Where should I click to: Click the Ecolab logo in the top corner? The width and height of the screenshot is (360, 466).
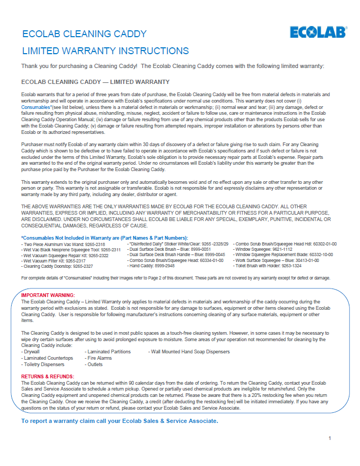pyautogui.click(x=318, y=32)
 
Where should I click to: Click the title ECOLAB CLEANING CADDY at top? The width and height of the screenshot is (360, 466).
pyautogui.click(x=84, y=35)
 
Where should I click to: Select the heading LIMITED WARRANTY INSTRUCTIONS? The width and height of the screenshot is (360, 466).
pyautogui.click(x=105, y=51)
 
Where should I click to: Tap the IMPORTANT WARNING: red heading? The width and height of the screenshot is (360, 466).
pyautogui.click(x=48, y=295)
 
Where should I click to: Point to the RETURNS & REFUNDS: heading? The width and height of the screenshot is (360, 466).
pyautogui.click(x=47, y=376)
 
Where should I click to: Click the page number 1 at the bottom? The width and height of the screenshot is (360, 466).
pyautogui.click(x=330, y=438)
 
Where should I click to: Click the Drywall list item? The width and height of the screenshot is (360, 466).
pyautogui.click(x=30, y=352)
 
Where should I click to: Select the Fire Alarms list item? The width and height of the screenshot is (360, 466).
pyautogui.click(x=99, y=358)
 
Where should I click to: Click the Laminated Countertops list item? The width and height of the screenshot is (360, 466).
pyautogui.click(x=47, y=358)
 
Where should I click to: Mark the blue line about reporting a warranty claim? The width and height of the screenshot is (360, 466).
pyautogui.click(x=119, y=421)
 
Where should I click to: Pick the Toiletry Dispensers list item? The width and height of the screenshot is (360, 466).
pyautogui.click(x=44, y=365)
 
